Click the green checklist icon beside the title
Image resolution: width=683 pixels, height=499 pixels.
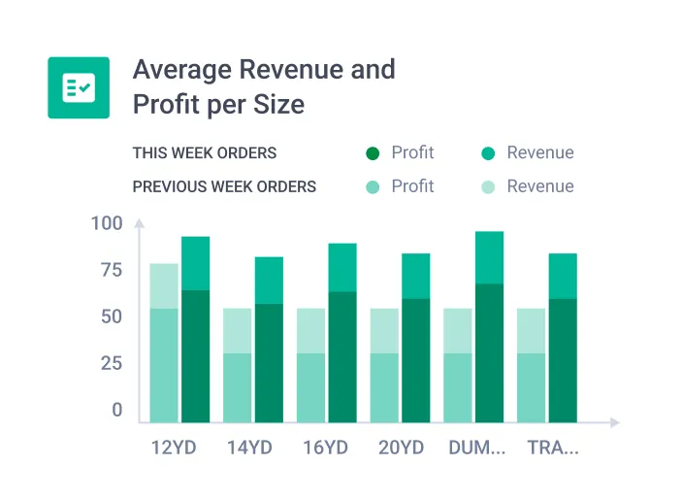(79, 87)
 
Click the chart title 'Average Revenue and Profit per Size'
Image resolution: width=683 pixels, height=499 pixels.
(263, 86)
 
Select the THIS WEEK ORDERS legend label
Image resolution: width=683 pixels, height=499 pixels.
(204, 153)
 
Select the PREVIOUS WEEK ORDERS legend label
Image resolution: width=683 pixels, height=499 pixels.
(224, 186)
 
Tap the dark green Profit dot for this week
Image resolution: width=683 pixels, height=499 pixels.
(373, 153)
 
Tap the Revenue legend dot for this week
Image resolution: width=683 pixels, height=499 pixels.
(488, 153)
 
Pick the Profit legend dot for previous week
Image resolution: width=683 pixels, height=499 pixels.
(373, 186)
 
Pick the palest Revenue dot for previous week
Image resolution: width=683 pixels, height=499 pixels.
(488, 186)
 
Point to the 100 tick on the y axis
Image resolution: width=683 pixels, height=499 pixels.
(107, 224)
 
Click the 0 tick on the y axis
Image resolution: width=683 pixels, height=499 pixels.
(117, 411)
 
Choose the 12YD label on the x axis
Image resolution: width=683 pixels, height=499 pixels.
(176, 449)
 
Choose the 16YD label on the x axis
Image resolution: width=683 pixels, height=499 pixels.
(324, 449)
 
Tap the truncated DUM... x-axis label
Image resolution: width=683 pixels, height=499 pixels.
(477, 449)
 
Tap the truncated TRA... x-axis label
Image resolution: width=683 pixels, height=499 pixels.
(552, 449)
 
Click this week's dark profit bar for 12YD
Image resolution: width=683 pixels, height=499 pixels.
(195, 356)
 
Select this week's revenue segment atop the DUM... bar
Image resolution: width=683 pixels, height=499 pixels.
(489, 257)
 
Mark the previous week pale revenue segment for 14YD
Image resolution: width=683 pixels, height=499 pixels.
(238, 330)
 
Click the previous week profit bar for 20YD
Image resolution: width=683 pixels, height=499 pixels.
(385, 387)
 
